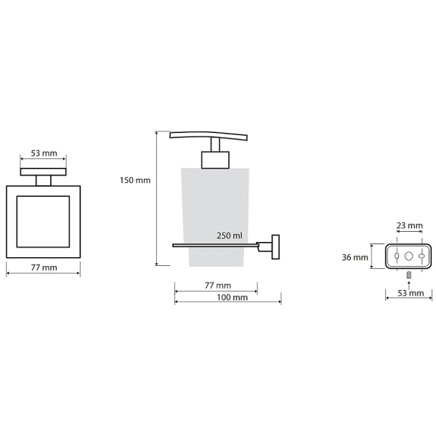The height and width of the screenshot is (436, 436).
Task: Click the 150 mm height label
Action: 135,180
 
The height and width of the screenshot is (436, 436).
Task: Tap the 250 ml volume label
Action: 230,235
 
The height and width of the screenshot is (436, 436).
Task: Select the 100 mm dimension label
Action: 233,297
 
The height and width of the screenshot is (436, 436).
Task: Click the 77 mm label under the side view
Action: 218,286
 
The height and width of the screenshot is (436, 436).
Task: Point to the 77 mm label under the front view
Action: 44,267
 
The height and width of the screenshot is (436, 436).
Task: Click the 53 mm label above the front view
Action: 44,153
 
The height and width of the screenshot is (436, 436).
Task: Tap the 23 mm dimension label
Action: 410,225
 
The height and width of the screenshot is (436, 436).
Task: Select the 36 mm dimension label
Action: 355,257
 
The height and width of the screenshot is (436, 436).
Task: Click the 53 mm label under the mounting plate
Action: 411,293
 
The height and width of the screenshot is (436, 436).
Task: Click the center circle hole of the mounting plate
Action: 408,256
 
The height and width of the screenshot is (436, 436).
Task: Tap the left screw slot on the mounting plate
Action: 397,256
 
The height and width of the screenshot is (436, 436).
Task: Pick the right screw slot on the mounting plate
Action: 421,256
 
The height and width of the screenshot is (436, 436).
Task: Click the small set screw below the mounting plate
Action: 408,275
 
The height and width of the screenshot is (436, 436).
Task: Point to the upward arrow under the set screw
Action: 408,286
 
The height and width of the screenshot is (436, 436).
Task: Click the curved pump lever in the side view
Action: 209,135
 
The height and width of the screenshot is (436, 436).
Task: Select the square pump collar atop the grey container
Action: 215,160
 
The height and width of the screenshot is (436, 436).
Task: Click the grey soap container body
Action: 215,217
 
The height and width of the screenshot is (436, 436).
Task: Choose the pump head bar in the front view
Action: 44,171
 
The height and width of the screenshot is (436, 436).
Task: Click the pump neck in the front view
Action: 44,181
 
